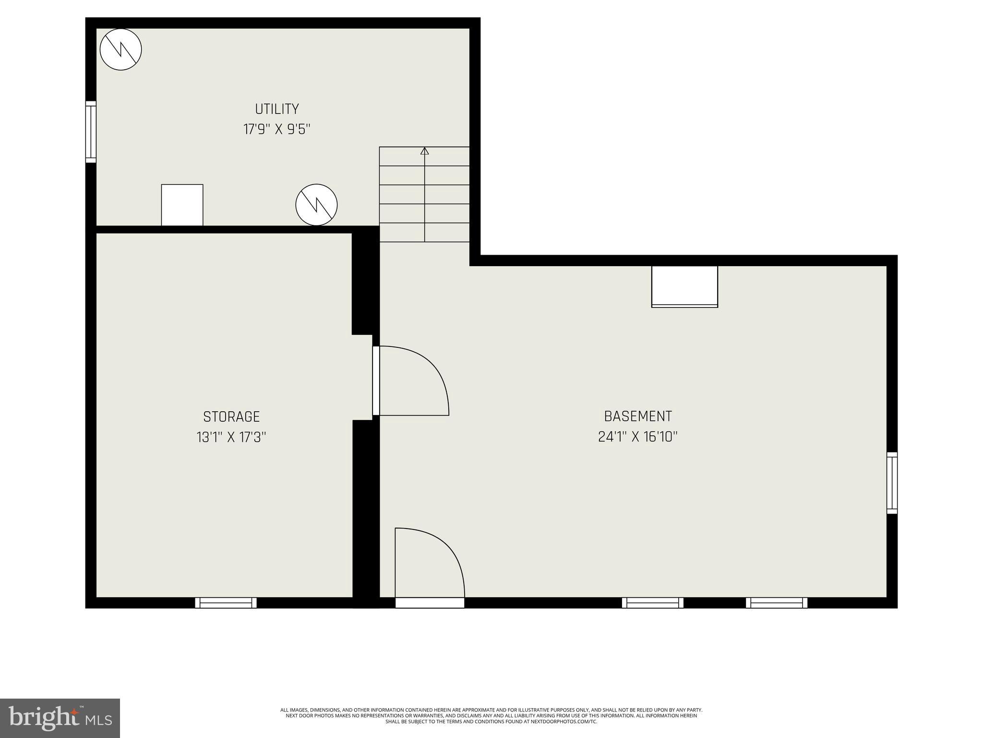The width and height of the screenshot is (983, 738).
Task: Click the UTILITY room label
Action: (277, 109)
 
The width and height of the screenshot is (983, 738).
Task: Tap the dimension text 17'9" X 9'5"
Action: (277, 130)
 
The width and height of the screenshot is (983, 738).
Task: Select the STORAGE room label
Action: (231, 417)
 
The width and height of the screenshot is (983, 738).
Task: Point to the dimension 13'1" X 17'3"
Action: (231, 438)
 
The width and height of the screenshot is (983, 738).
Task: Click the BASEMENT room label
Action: (637, 416)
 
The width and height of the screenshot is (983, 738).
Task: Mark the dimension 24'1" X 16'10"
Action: (637, 437)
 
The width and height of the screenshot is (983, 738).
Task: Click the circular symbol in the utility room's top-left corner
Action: (121, 49)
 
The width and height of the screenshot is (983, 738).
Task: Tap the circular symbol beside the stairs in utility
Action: (316, 205)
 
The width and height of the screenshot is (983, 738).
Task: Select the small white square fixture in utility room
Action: (182, 205)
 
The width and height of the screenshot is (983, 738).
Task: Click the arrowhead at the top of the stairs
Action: (424, 151)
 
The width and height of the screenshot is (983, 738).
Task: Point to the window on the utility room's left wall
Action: (91, 132)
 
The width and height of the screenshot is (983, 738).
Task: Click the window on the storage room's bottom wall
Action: (226, 603)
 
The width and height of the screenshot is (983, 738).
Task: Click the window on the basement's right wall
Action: (892, 483)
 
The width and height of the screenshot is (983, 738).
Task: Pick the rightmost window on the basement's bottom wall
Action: (776, 603)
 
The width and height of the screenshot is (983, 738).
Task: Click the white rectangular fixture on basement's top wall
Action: (684, 286)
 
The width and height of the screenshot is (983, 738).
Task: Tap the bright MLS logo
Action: (60, 718)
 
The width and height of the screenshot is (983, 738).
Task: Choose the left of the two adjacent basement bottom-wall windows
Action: (652, 603)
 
